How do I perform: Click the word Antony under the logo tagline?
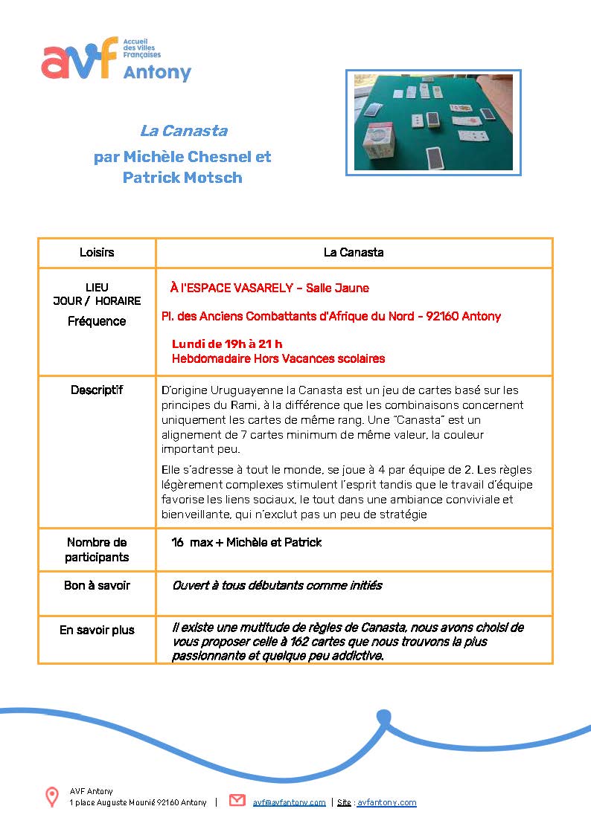157,73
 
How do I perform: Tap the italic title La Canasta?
183,131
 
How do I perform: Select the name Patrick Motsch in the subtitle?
182,178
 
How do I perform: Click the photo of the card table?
433,123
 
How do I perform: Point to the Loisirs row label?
97,253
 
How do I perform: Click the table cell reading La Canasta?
354,253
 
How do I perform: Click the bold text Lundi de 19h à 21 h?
227,344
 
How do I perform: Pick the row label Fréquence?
97,321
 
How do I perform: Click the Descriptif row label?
97,390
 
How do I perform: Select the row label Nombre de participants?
97,549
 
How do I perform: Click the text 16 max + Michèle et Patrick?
246,543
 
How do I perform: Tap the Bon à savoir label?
97,585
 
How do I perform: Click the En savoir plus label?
97,630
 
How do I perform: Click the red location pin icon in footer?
52,797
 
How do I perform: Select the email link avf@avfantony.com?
290,802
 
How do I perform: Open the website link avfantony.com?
386,802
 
